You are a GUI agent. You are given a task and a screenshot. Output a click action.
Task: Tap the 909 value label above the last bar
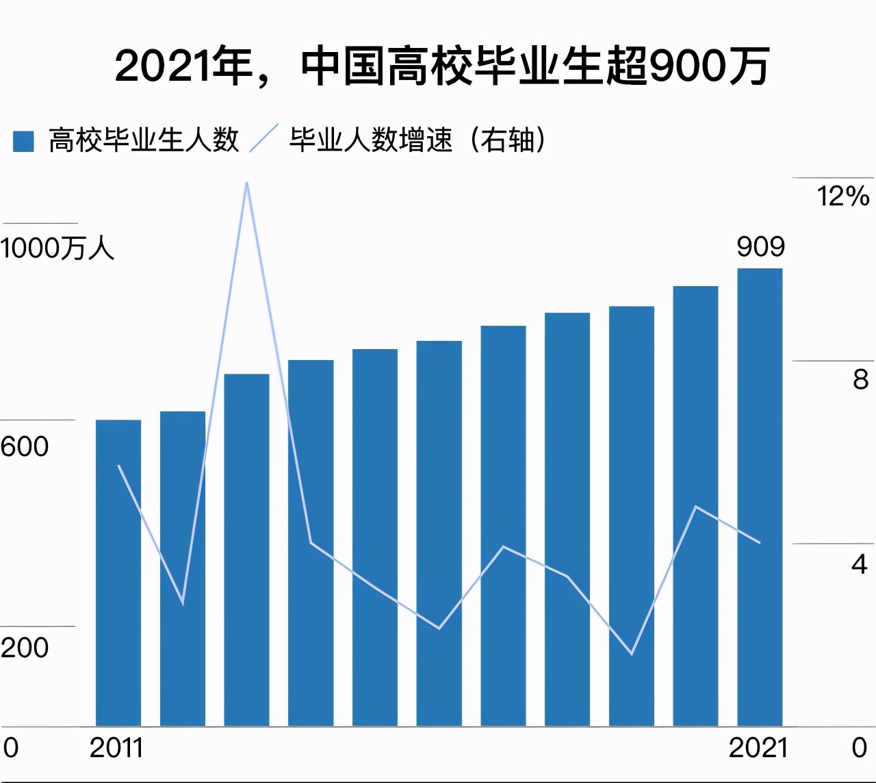point(760,246)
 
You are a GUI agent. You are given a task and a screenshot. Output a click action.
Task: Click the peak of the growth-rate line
point(246,183)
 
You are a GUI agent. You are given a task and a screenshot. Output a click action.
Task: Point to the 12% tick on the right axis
point(842,196)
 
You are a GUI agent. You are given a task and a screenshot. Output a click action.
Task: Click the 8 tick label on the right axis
point(860,379)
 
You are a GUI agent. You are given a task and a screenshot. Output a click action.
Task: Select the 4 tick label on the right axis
point(860,563)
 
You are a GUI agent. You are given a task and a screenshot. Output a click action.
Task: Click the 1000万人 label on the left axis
point(57,248)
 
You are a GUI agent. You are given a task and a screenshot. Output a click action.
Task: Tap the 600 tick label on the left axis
point(25,446)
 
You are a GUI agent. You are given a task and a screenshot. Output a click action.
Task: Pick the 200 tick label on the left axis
point(25,647)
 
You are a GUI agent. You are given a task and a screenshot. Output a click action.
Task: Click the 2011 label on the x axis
point(116,747)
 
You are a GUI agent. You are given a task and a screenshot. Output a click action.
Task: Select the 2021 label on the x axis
point(758,747)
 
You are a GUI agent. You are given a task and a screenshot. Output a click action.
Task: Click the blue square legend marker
point(23,141)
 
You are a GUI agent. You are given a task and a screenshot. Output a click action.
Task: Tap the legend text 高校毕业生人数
point(144,140)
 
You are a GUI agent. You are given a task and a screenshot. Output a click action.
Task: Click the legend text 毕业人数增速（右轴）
point(417,140)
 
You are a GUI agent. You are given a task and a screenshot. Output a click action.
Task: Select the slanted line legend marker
point(263,139)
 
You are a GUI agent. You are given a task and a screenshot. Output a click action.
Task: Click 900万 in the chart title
point(709,66)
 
